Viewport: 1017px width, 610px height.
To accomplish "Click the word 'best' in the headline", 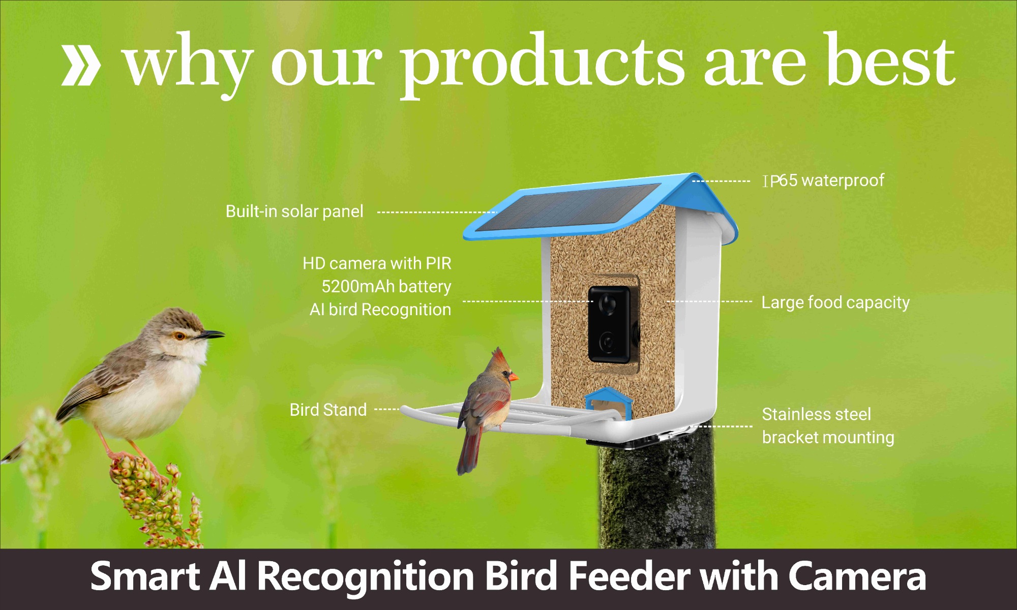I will (x=890, y=61).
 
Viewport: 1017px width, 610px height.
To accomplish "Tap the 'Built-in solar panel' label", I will (x=294, y=211).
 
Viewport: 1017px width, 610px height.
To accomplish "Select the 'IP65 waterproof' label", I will (x=824, y=180).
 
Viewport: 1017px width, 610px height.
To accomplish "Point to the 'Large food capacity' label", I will (x=835, y=302).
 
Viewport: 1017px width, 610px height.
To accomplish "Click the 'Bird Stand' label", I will (x=328, y=410).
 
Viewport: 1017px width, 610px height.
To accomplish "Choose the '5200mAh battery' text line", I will (x=386, y=287).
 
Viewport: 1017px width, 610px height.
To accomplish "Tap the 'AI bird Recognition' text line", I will (x=380, y=310).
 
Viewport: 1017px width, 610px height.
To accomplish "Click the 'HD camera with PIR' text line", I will (x=377, y=263).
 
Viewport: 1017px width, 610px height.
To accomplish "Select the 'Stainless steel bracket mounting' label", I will (x=828, y=426).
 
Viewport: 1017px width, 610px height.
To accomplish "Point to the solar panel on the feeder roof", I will (x=570, y=206).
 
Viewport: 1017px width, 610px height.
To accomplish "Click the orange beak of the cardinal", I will (x=514, y=377).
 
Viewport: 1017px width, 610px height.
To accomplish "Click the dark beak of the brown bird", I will (x=210, y=334).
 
